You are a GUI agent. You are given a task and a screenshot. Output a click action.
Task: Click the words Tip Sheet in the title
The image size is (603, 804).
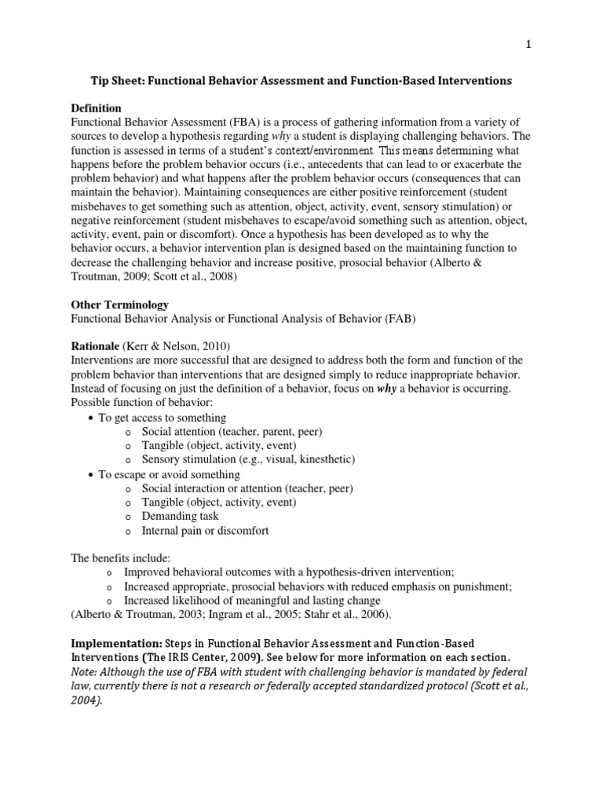coord(118,80)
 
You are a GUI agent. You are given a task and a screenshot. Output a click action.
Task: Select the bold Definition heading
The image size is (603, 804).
coord(97,108)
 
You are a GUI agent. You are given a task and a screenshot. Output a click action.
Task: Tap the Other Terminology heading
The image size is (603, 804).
coord(119,304)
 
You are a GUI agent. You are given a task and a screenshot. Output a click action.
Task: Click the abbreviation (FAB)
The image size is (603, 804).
coord(381,319)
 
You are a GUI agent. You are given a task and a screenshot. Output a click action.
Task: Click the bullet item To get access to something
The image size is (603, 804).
coord(162,417)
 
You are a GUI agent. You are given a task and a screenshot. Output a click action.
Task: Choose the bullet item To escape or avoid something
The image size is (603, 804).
coord(169,474)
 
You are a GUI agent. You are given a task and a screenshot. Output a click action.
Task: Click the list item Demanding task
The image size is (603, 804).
coord(180,516)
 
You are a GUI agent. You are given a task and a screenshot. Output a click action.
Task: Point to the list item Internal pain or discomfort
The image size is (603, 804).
coord(205,531)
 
